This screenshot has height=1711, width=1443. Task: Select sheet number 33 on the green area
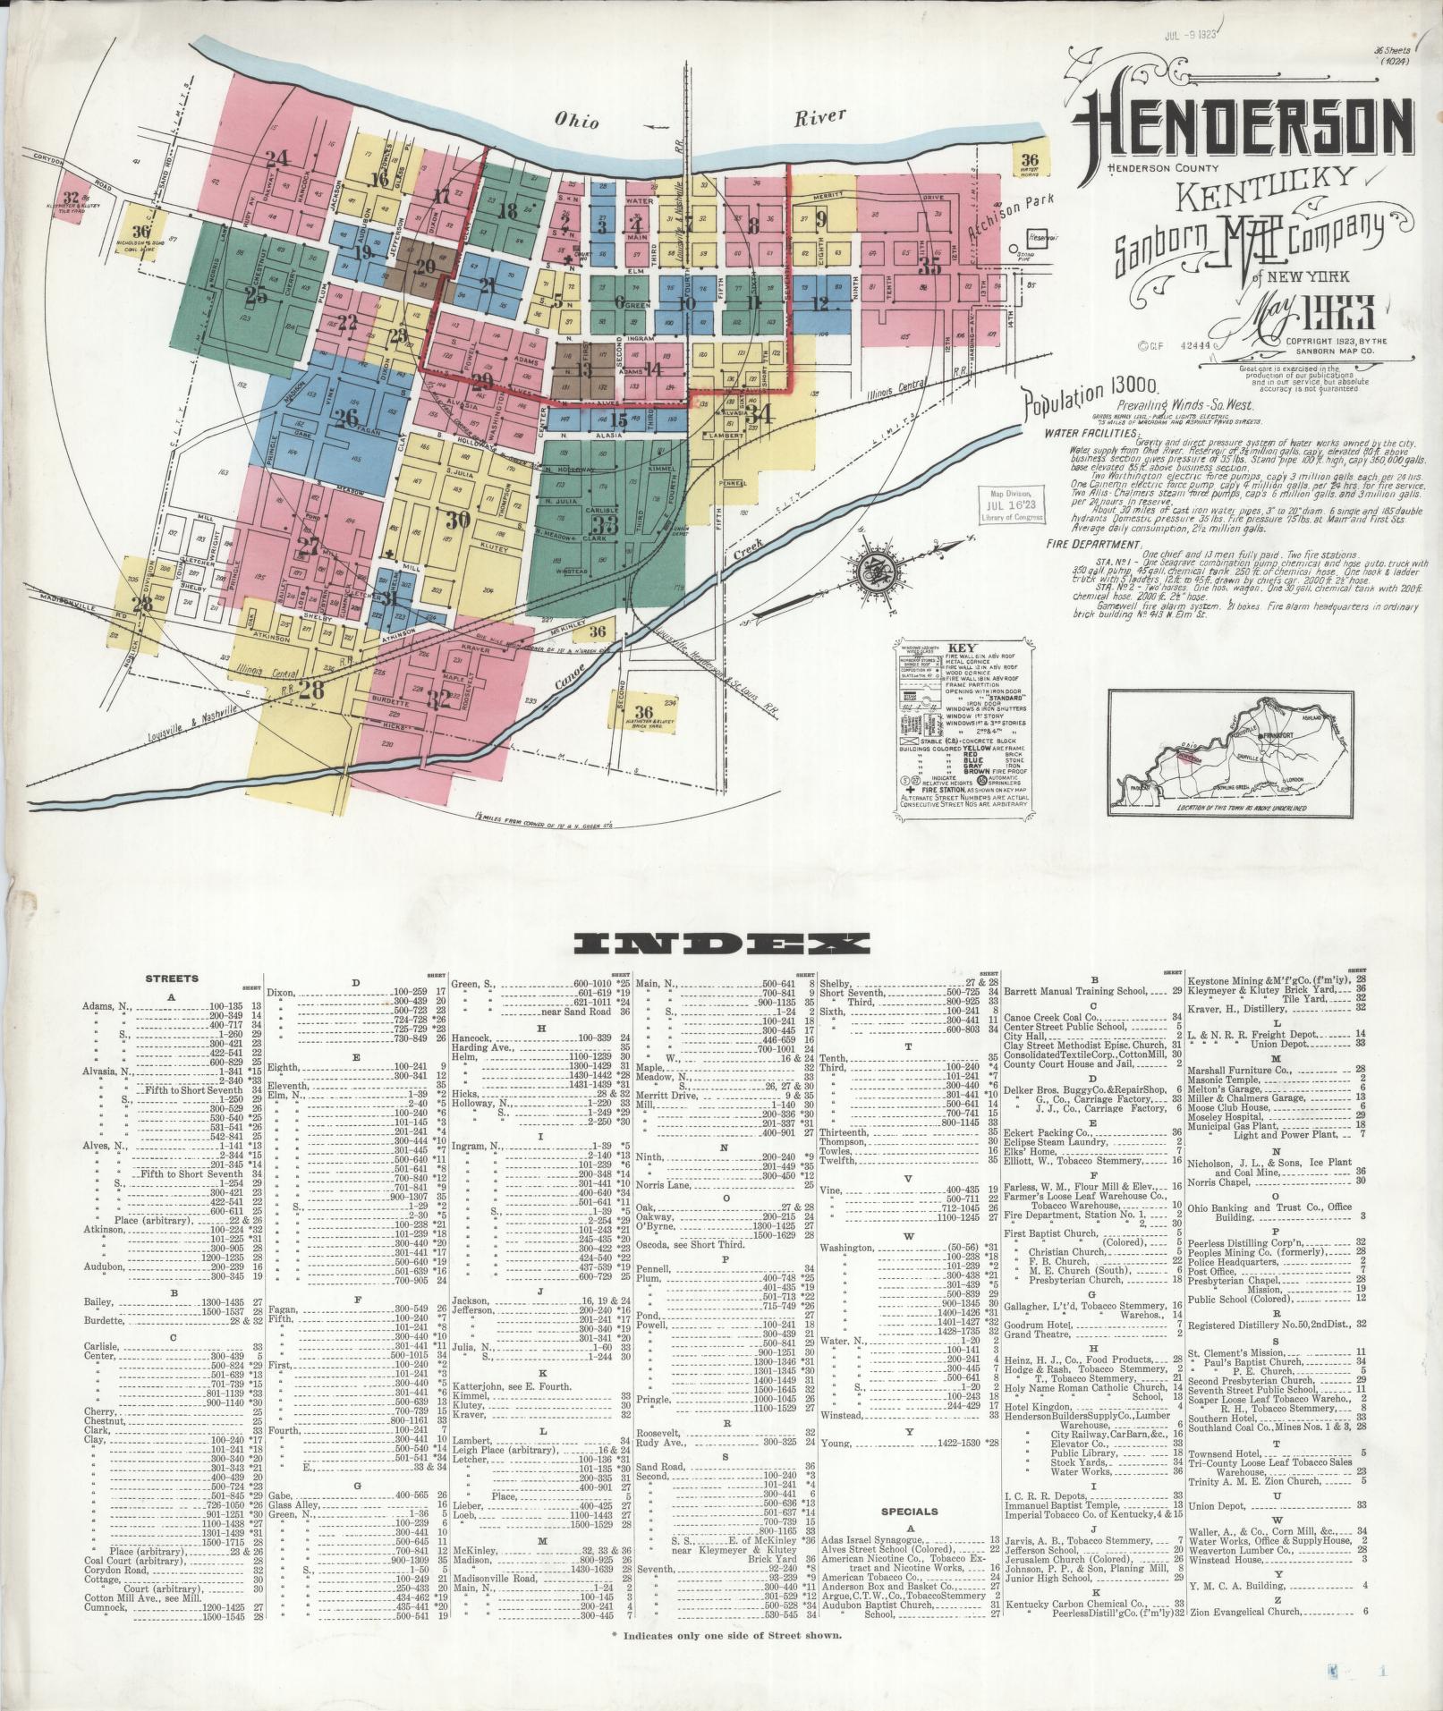[x=606, y=524]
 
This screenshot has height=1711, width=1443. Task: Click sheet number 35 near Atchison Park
[x=930, y=266]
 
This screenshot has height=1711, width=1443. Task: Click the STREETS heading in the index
[x=173, y=978]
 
